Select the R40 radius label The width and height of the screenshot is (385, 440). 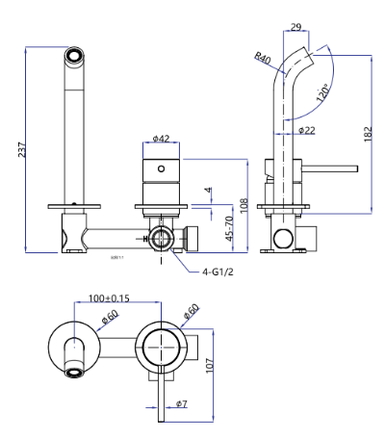pos(262,59)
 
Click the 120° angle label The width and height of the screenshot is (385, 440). pos(321,94)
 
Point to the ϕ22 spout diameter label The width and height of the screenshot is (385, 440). pos(307,130)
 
